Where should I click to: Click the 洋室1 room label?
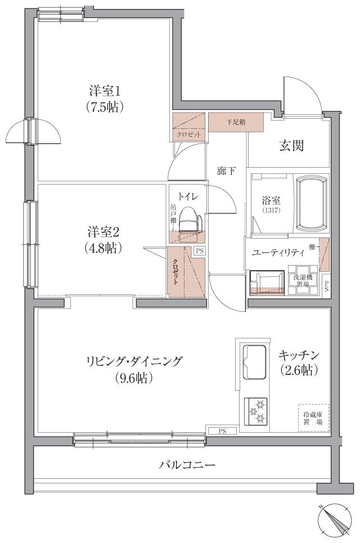pyautogui.click(x=105, y=90)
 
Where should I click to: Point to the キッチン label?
pyautogui.click(x=299, y=355)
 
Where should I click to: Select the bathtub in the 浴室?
pyautogui.click(x=311, y=204)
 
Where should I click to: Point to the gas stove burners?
pyautogui.click(x=255, y=411)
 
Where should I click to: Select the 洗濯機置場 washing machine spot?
pyautogui.click(x=303, y=279)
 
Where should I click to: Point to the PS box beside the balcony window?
pyautogui.click(x=222, y=431)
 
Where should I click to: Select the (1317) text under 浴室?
pyautogui.click(x=271, y=210)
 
